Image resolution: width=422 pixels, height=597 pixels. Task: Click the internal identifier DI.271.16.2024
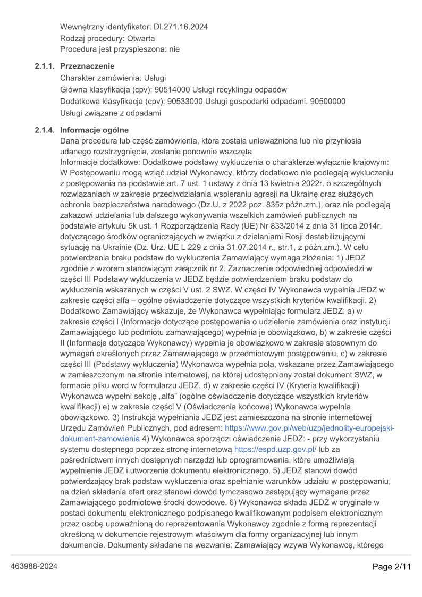181,26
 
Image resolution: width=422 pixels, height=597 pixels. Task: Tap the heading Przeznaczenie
87,66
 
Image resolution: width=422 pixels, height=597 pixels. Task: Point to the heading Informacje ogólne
94,130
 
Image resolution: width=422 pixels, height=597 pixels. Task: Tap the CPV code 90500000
328,101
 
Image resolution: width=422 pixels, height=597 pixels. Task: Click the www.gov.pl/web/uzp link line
310,427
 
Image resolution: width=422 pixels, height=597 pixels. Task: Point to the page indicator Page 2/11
392,567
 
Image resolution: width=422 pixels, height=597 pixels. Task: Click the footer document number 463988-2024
34,567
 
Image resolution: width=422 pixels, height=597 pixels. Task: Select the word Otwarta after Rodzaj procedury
141,38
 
